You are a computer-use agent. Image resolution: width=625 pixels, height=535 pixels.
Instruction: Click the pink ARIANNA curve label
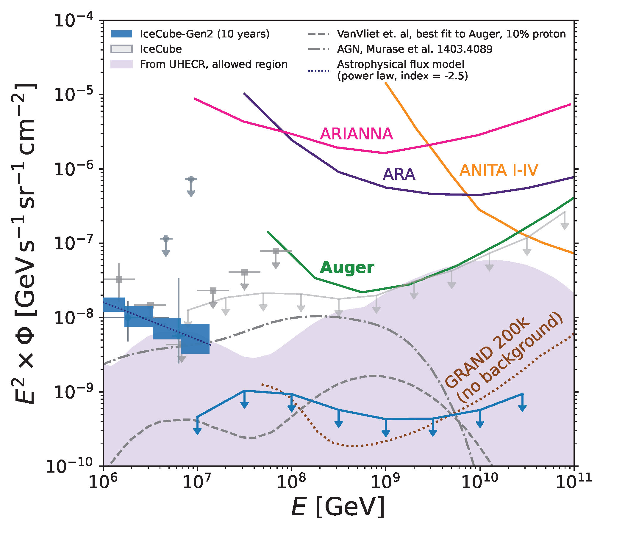356,134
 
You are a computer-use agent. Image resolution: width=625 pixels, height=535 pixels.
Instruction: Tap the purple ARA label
399,174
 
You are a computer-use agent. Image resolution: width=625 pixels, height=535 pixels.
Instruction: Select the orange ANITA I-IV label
499,170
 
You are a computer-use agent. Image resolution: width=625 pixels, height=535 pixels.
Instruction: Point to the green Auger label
347,267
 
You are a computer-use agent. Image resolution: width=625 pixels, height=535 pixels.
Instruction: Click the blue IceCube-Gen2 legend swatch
121,34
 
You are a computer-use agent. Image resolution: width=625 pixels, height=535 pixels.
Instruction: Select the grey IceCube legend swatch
121,49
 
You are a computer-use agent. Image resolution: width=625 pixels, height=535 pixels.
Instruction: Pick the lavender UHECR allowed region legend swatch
121,64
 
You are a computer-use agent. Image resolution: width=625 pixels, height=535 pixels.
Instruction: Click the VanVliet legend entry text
451,34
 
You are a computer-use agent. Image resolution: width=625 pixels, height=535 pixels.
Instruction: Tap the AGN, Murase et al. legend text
415,49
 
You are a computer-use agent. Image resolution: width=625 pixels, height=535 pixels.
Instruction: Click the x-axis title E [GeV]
338,507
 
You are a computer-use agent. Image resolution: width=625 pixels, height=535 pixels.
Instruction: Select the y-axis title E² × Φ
24,244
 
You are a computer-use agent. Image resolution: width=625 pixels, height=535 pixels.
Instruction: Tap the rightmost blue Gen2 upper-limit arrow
522,404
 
